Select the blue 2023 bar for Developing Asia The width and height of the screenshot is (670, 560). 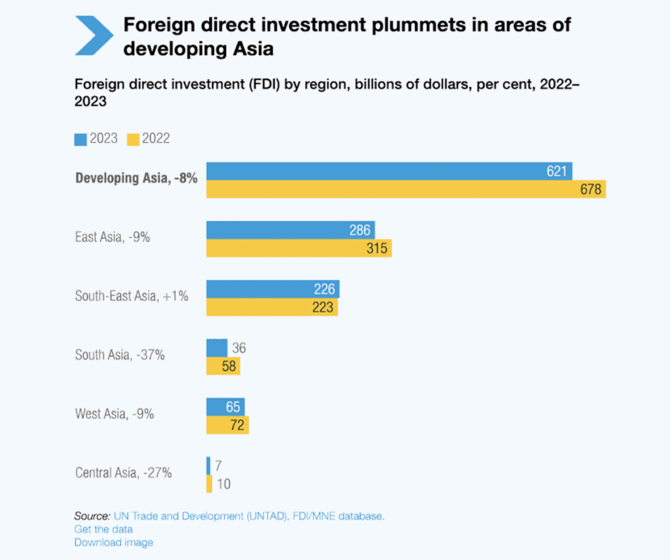coord(389,171)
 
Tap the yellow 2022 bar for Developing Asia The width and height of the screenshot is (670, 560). coord(406,189)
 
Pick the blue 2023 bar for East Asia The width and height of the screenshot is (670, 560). coord(291,230)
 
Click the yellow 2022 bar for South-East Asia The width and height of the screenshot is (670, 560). coord(272,307)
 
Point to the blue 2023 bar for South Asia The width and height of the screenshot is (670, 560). coord(217,348)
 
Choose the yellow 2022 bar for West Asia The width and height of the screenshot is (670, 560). coord(227,425)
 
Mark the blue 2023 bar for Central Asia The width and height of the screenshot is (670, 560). coord(208,465)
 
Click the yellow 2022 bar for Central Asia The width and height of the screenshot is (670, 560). coord(209,484)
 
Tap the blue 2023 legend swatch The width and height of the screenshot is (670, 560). coord(81,139)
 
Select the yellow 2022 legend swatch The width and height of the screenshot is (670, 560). coord(133,139)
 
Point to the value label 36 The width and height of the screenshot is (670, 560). coord(239,348)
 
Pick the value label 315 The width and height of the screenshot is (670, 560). coord(377,249)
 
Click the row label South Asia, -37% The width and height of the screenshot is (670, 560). coord(120,355)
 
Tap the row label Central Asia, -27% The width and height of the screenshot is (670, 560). coord(124,472)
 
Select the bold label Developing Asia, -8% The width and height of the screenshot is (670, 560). coord(136,178)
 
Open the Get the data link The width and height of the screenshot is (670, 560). coord(103,529)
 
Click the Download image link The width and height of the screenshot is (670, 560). coord(114,542)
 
